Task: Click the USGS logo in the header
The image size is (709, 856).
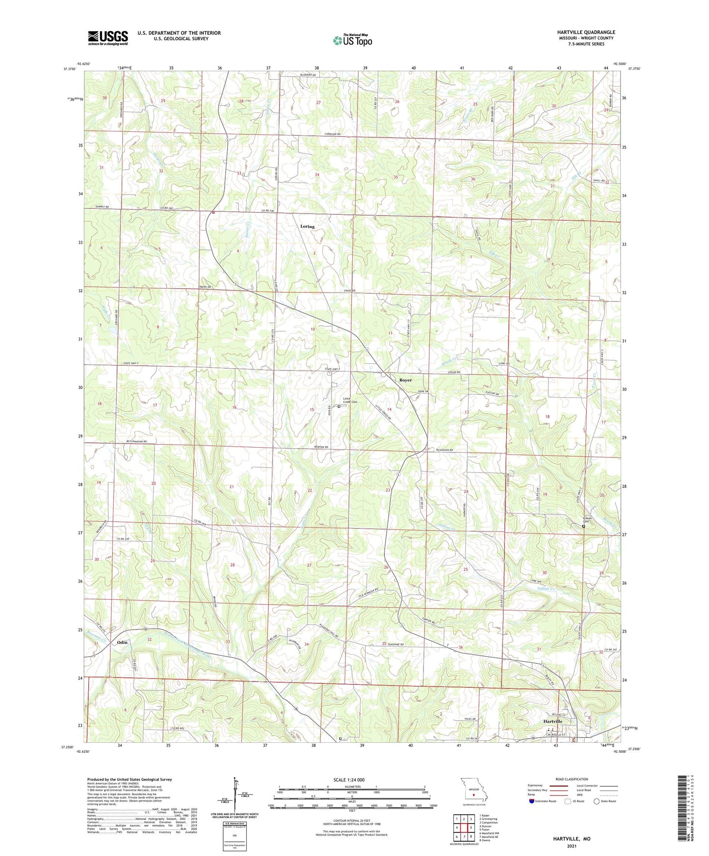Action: coord(107,37)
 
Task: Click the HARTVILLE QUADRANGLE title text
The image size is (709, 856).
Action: coord(586,32)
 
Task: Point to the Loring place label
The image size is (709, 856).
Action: coord(307,227)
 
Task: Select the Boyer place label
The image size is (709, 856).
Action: coord(405,380)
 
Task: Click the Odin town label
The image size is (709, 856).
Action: coord(122,642)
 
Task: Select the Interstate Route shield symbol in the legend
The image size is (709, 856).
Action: coord(532,801)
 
